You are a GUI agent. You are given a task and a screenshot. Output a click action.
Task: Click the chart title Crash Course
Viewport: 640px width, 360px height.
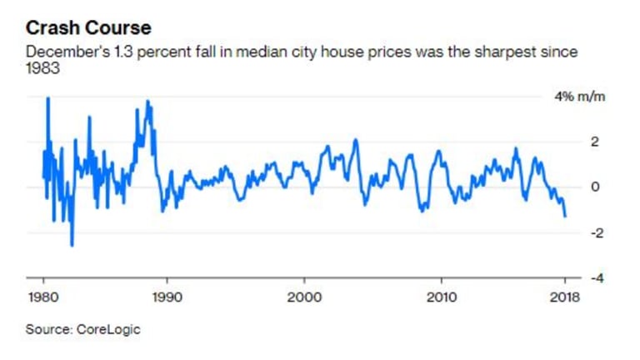tap(88, 27)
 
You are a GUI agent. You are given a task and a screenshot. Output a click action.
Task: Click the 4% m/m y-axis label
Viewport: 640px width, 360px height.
tap(582, 97)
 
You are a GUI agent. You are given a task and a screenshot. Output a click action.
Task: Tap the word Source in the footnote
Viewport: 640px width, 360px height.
tap(46, 329)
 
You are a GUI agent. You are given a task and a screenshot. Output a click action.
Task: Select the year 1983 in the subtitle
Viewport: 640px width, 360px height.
tap(42, 67)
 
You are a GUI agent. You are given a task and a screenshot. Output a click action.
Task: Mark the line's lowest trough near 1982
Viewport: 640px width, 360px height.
tap(72, 246)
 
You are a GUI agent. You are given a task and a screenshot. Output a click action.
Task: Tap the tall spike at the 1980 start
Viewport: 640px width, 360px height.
tap(47, 98)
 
